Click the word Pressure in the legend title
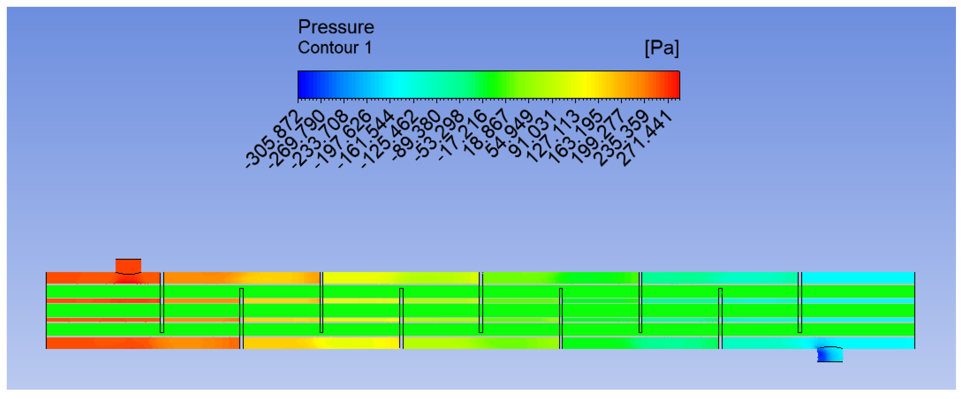[x=336, y=27]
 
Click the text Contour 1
[x=335, y=47]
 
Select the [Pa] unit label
[x=661, y=48]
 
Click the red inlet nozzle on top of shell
[x=128, y=266]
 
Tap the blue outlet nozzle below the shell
[x=830, y=355]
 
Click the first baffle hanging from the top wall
[x=162, y=302]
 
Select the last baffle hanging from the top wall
[x=800, y=302]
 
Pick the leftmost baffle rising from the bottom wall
[x=241, y=318]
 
